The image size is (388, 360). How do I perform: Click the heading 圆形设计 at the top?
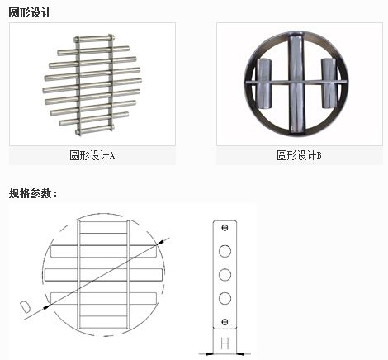pos(30,12)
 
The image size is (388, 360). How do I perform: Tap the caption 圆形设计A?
pos(92,155)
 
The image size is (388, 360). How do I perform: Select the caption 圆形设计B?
pos(299,155)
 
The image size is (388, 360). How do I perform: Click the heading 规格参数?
pos(33,193)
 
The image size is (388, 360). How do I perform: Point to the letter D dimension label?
pos(26,307)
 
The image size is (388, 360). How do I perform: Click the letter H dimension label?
pos(225,344)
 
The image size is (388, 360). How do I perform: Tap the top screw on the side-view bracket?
pos(225,228)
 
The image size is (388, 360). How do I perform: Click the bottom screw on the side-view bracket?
pos(225,322)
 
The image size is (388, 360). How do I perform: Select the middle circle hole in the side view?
pos(225,275)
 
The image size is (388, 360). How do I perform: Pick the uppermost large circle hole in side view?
pos(225,251)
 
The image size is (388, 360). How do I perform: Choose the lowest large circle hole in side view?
pos(225,298)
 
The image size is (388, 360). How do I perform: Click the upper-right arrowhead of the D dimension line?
pos(160,243)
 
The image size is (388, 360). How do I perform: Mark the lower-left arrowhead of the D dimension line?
pos(47,306)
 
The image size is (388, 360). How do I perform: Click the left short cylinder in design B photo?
pos(264,83)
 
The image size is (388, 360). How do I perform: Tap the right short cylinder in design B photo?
pos(329,83)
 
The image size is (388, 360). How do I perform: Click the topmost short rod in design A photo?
pos(94,39)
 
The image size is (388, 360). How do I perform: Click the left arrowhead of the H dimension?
pos(209,353)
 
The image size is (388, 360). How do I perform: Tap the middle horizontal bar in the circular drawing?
pos(103,274)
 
